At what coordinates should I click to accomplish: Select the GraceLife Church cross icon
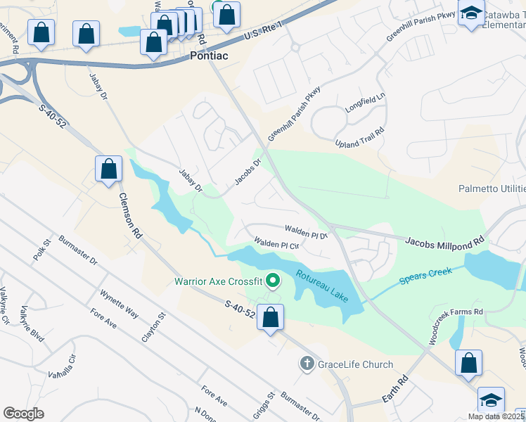[x=306, y=364]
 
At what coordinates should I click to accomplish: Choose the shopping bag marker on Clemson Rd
[x=108, y=169]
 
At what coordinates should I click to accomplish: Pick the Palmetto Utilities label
[x=492, y=188]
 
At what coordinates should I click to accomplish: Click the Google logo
[x=23, y=413]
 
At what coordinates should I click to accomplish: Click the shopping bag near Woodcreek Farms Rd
[x=468, y=363]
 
